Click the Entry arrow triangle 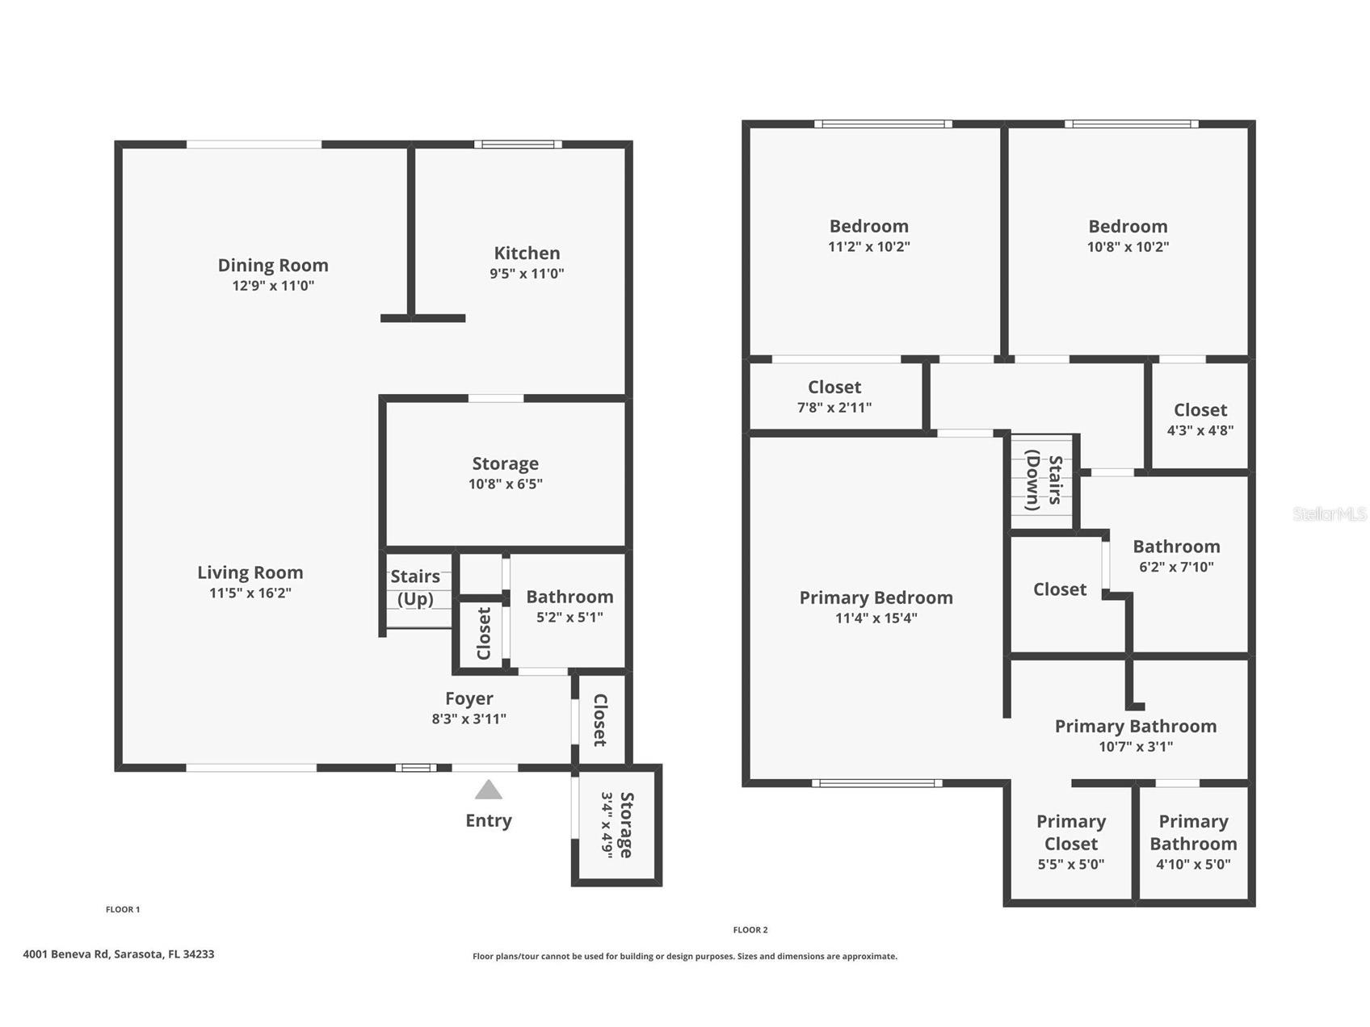488,790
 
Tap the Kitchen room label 527,253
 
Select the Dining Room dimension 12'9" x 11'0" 273,286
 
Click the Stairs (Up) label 415,587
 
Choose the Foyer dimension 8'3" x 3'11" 469,719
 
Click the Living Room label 250,572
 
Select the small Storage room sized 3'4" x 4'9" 617,824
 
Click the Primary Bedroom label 876,597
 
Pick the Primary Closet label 1071,832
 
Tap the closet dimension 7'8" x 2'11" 834,408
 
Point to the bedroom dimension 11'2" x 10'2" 868,247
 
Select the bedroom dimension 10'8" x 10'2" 1128,247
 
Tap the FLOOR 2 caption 750,930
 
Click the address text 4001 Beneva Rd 118,954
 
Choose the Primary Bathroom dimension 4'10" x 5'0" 1193,864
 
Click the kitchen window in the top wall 518,145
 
